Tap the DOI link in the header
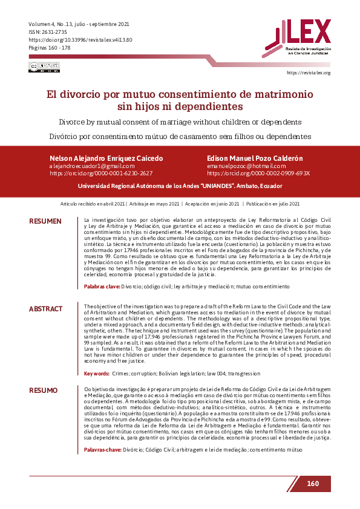(80, 39)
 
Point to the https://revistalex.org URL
(308, 73)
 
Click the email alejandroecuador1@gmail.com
(91, 166)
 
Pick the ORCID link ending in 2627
(101, 173)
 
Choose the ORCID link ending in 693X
(258, 173)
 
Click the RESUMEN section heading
(45, 221)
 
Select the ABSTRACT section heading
(45, 309)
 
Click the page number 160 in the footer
(312, 484)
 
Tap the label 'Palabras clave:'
(102, 286)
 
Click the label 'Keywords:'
(97, 374)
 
